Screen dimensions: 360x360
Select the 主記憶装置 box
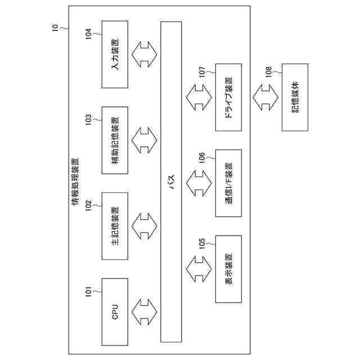(115, 226)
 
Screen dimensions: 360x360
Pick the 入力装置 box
(115, 55)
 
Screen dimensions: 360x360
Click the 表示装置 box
(228, 269)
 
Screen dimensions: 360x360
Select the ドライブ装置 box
(228, 97)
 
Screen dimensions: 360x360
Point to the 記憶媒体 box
(295, 97)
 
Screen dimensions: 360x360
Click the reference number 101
(88, 292)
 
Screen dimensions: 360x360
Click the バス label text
(172, 181)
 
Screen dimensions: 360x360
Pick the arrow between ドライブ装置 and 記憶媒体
(262, 97)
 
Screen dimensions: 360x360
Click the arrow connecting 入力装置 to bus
(145, 55)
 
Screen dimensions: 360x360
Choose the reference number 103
(88, 120)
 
